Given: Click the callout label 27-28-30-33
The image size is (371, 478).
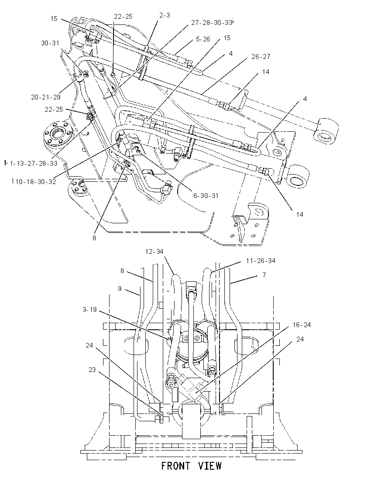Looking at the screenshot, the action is click(x=211, y=23).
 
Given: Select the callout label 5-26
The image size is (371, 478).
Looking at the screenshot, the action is click(x=203, y=39).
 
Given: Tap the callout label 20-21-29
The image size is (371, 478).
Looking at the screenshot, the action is click(x=46, y=97).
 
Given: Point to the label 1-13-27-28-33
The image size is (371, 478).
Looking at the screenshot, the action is click(x=34, y=164).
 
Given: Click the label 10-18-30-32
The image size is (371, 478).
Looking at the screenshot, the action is click(x=36, y=182).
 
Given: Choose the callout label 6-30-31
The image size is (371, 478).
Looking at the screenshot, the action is click(x=206, y=195).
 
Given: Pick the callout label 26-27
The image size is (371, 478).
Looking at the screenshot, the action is click(x=261, y=56).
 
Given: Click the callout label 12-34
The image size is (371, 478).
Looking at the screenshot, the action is click(x=154, y=252).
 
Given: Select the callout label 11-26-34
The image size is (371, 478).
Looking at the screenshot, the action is click(x=261, y=261).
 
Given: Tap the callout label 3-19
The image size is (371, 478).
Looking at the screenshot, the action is click(x=89, y=310).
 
